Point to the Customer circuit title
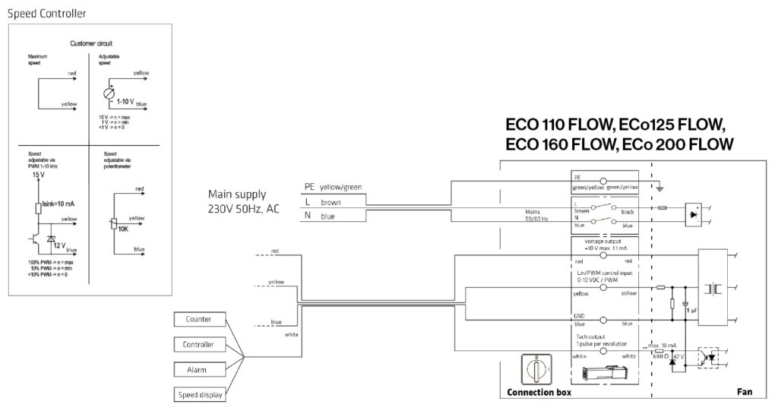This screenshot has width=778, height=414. pyautogui.click(x=91, y=44)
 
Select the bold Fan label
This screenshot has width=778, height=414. pyautogui.click(x=744, y=393)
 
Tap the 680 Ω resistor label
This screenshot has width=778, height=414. pyautogui.click(x=659, y=356)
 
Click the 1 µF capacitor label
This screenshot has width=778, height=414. pyautogui.click(x=692, y=311)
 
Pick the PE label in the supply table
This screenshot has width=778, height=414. pyautogui.click(x=308, y=186)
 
